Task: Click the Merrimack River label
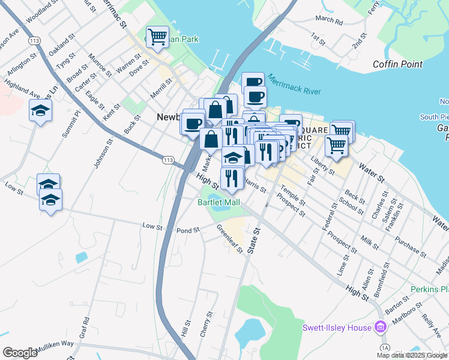(295, 84)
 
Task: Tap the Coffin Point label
(397, 64)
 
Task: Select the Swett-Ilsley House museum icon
(379, 327)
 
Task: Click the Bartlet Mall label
(218, 202)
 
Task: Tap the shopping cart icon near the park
(157, 37)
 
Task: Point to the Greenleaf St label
(229, 238)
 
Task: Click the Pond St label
(187, 230)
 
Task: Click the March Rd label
(328, 20)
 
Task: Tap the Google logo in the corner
(20, 353)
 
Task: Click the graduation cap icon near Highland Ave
(40, 111)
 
